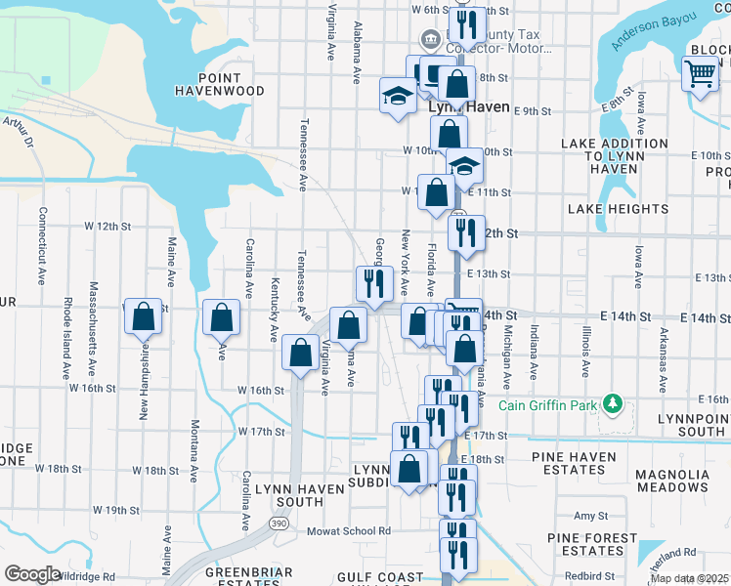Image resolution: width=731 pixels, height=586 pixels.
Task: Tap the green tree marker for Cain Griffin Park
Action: pyautogui.click(x=612, y=402)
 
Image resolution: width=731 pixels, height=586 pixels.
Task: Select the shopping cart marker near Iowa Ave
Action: pyautogui.click(x=701, y=73)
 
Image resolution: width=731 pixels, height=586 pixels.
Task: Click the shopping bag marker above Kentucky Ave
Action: pyautogui.click(x=222, y=317)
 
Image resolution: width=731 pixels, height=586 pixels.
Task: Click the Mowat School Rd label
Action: pyautogui.click(x=349, y=531)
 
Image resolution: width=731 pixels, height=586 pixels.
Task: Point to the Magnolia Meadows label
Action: pyautogui.click(x=671, y=481)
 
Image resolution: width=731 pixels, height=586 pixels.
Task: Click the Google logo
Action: pyautogui.click(x=32, y=573)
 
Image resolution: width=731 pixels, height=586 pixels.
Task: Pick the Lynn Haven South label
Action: pyautogui.click(x=288, y=494)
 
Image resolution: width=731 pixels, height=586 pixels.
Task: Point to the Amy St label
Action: pyautogui.click(x=591, y=516)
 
